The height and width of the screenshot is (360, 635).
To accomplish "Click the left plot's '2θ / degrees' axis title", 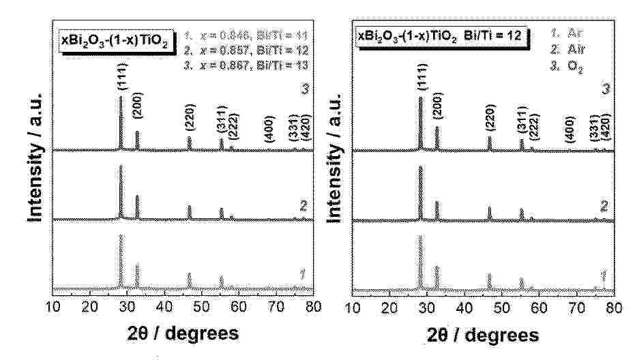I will click(183, 333).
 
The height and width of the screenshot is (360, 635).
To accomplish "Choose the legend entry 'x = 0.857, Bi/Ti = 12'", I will click(249, 46).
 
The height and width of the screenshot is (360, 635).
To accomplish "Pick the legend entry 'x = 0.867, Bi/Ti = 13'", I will click(249, 60).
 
